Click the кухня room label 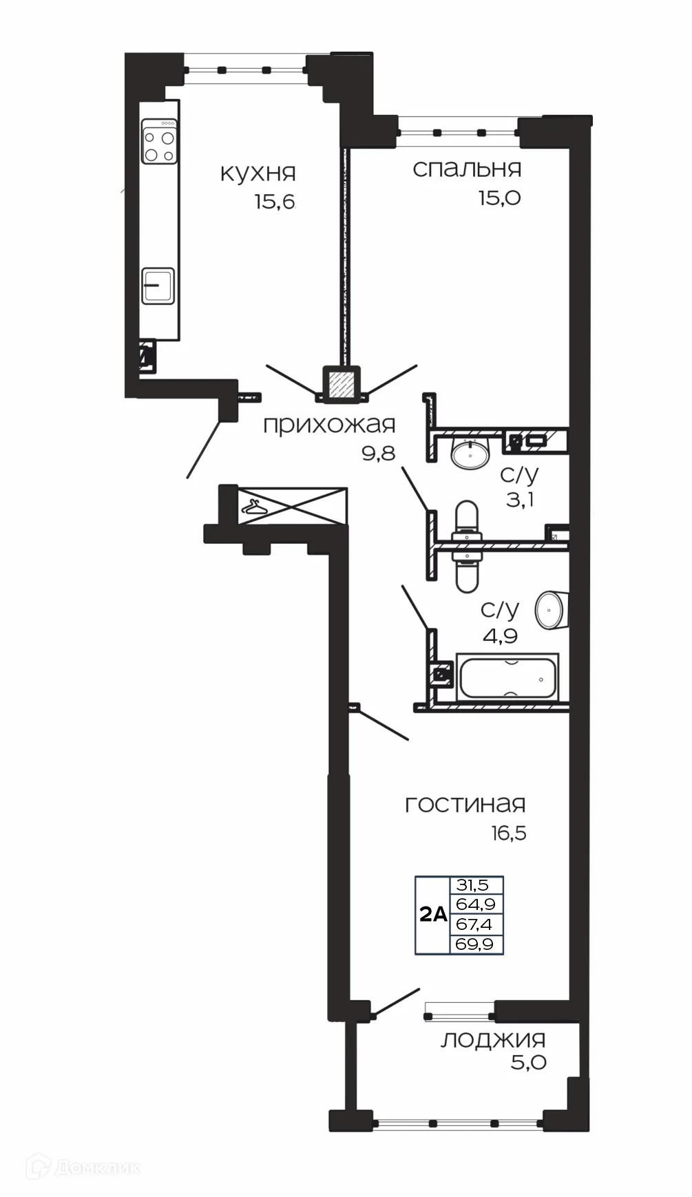click(x=258, y=173)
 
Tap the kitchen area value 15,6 click(x=274, y=202)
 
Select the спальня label click(x=467, y=169)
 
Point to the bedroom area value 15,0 click(x=499, y=198)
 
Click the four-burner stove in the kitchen click(x=159, y=142)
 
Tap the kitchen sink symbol click(x=158, y=285)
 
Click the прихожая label click(x=329, y=425)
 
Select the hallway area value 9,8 click(x=377, y=453)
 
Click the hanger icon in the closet click(x=254, y=507)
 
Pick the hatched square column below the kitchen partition click(x=342, y=383)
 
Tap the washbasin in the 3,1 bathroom click(x=470, y=454)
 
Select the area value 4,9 click(x=500, y=635)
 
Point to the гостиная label click(x=465, y=804)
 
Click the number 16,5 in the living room click(x=508, y=833)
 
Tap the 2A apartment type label click(x=433, y=915)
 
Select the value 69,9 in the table click(x=474, y=944)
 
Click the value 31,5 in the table click(x=472, y=884)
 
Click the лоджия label click(x=492, y=1039)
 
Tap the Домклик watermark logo click(x=83, y=1167)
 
